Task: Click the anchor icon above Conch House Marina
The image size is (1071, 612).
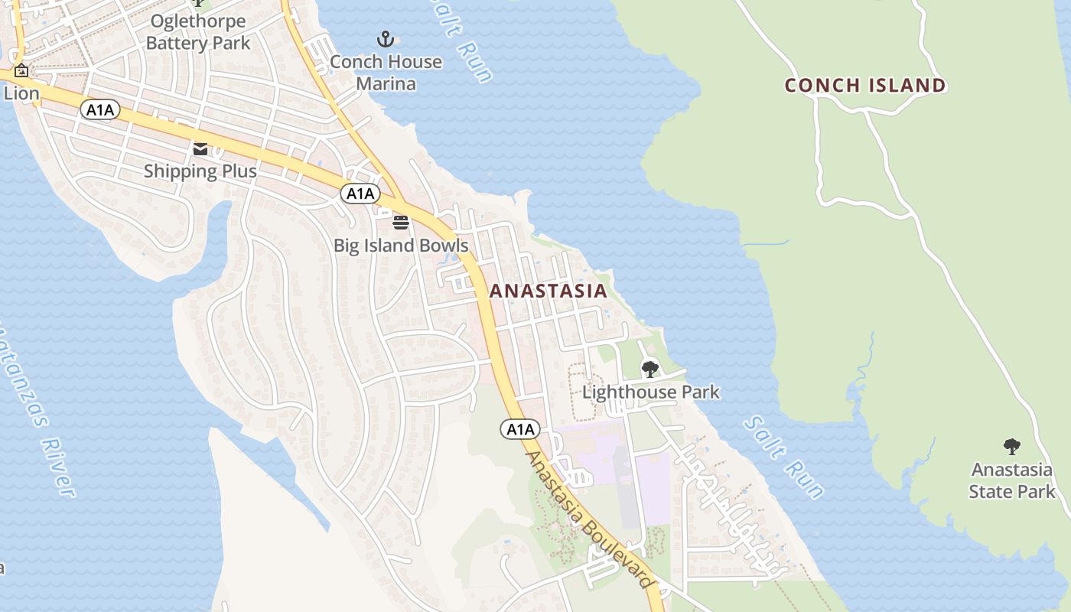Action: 386,38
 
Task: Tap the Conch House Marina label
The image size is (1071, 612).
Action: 386,73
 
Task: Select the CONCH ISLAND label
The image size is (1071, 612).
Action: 865,85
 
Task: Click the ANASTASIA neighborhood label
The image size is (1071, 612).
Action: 548,291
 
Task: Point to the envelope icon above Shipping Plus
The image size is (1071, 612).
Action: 200,148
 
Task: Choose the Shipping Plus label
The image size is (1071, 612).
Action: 200,171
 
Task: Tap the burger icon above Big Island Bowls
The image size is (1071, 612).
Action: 401,223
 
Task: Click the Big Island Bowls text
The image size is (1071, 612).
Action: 401,246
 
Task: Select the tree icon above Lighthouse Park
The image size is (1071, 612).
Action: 650,369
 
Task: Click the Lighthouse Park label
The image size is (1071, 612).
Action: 650,392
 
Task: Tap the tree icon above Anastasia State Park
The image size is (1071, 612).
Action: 1011,447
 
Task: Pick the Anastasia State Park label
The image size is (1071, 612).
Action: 1011,480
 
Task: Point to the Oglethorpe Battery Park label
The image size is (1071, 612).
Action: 198,32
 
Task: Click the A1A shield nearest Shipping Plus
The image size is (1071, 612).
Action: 100,110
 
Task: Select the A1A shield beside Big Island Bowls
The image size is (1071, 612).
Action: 360,194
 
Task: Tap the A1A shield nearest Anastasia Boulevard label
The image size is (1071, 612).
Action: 520,429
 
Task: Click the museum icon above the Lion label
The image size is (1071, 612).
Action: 21,71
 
